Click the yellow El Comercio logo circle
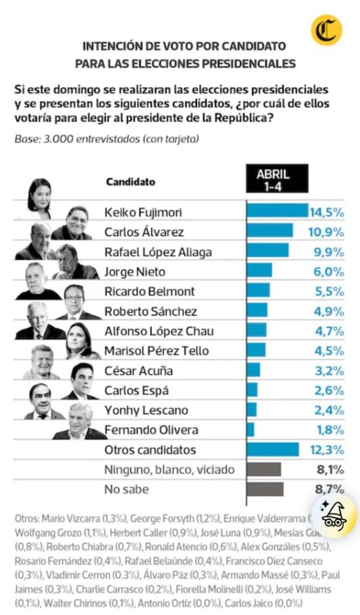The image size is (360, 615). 326,30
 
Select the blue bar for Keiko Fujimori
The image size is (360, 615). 277,212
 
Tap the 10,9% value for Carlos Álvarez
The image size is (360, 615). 326,232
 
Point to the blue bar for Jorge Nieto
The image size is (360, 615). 259,271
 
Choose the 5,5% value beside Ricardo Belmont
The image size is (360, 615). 327,292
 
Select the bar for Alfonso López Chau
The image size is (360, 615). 257,331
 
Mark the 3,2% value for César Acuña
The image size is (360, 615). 327,371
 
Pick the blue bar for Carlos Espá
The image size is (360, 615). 252,390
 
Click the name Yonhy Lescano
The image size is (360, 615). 137,410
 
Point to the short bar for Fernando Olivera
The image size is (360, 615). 251,430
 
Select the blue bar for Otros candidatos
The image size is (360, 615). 273,450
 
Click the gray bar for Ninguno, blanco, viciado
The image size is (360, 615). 264,470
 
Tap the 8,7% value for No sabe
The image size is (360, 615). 327,489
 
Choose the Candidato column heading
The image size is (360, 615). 130,182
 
